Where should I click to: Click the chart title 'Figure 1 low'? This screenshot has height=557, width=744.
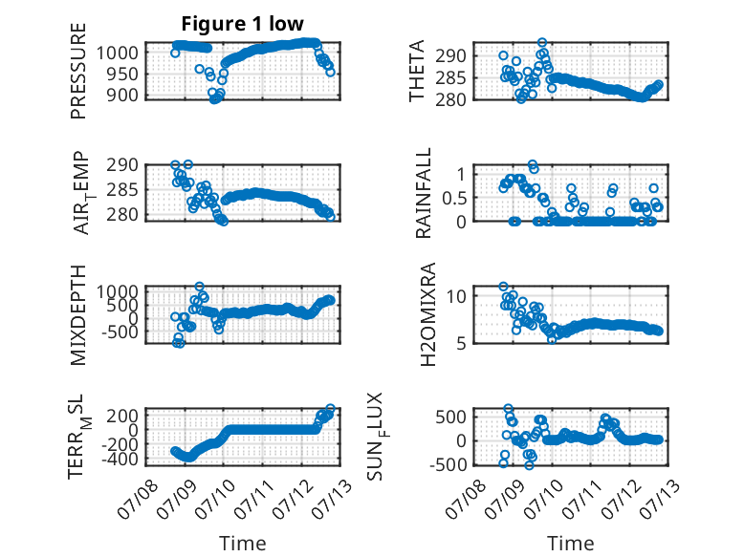pyautogui.click(x=243, y=24)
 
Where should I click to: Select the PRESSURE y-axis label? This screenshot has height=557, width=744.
pyautogui.click(x=78, y=71)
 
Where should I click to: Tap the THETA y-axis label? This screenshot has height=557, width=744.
pyautogui.click(x=416, y=71)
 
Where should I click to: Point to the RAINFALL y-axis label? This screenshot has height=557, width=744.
pyautogui.click(x=423, y=193)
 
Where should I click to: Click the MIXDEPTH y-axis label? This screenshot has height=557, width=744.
pyautogui.click(x=78, y=315)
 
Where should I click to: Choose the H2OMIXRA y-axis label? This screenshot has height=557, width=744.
pyautogui.click(x=428, y=314)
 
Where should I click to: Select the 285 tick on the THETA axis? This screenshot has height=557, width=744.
pyautogui.click(x=450, y=77)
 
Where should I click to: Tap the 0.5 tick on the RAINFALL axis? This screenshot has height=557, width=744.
pyautogui.click(x=454, y=198)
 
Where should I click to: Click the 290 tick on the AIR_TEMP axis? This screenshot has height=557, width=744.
pyautogui.click(x=122, y=165)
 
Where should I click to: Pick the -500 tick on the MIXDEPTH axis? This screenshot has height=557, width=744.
pyautogui.click(x=120, y=332)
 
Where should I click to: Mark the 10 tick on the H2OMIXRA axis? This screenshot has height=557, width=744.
pyautogui.click(x=456, y=296)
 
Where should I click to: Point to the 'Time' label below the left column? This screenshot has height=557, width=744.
pyautogui.click(x=243, y=544)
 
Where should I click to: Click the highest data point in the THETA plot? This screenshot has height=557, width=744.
pyautogui.click(x=542, y=43)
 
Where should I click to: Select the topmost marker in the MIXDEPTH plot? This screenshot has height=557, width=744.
pyautogui.click(x=199, y=287)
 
